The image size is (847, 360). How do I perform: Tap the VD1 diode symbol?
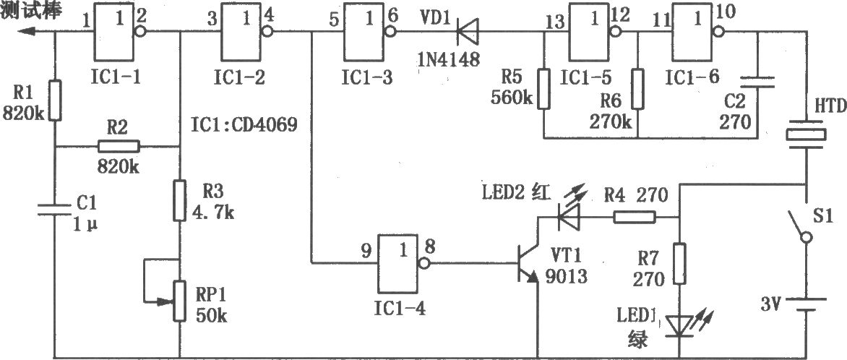(x=468, y=32)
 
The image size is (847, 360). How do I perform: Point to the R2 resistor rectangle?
(x=119, y=146)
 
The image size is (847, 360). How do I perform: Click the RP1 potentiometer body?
(x=179, y=301)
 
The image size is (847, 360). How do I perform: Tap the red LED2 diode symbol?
(x=568, y=218)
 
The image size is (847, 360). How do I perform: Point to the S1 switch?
(x=799, y=226)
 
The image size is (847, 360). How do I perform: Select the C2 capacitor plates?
(x=757, y=82)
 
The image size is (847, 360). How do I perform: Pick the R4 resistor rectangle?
(x=635, y=218)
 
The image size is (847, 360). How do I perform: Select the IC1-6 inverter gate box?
(x=691, y=31)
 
